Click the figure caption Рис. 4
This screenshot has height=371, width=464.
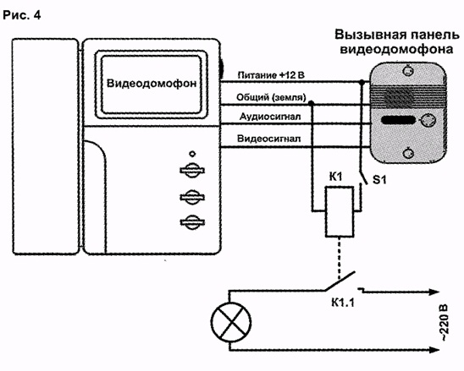[x=22, y=15]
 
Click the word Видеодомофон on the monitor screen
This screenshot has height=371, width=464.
[x=152, y=84]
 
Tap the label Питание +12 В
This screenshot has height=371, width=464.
[x=271, y=75]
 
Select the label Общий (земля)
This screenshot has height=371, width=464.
[x=271, y=97]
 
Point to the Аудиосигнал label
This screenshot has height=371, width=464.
[x=270, y=117]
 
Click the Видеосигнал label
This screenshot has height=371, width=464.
[x=269, y=139]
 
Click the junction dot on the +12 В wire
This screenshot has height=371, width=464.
[x=362, y=82]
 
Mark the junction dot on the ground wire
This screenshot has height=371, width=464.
[x=311, y=103]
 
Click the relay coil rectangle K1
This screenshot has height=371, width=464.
[x=340, y=211]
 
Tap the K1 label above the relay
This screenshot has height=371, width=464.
[x=335, y=177]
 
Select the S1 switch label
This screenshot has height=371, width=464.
[x=379, y=180]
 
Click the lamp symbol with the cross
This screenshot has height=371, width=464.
[x=231, y=322]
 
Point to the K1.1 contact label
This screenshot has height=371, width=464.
[x=343, y=303]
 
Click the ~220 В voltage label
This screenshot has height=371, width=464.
[x=445, y=323]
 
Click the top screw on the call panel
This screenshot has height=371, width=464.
[x=408, y=70]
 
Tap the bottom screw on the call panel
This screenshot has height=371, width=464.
[x=408, y=153]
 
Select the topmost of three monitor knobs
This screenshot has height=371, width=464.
[x=192, y=171]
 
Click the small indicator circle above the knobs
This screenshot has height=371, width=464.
[x=192, y=154]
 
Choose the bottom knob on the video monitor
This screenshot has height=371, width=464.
[x=192, y=222]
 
